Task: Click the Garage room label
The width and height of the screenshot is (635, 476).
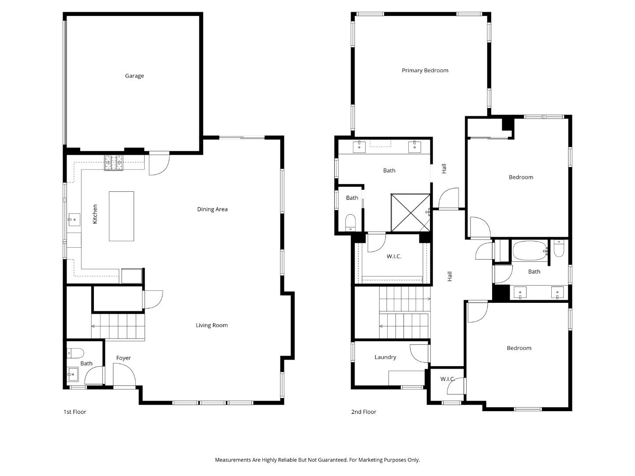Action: pyautogui.click(x=134, y=76)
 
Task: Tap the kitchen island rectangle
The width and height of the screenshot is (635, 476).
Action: pyautogui.click(x=121, y=216)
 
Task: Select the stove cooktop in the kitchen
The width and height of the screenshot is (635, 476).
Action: pyautogui.click(x=113, y=163)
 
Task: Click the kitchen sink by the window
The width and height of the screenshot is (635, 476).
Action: pyautogui.click(x=74, y=218)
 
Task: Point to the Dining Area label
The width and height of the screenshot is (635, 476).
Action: pyautogui.click(x=212, y=209)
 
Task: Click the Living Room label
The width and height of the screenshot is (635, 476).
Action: pyautogui.click(x=212, y=325)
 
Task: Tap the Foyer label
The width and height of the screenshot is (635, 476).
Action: pyautogui.click(x=123, y=358)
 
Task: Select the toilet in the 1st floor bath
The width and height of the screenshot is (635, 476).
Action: pyautogui.click(x=75, y=353)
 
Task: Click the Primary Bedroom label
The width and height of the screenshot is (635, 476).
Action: pyautogui.click(x=425, y=71)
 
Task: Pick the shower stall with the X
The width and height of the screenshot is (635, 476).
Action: pyautogui.click(x=410, y=212)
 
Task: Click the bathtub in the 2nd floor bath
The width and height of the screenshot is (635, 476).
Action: pyautogui.click(x=529, y=251)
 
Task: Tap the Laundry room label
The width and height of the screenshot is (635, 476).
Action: pyautogui.click(x=385, y=357)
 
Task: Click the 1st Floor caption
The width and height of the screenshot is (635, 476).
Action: pyautogui.click(x=75, y=412)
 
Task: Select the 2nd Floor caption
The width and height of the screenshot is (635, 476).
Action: pyautogui.click(x=363, y=412)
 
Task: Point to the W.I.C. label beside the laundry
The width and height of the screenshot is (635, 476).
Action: pyautogui.click(x=447, y=379)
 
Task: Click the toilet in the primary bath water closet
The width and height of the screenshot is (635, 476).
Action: pyautogui.click(x=350, y=221)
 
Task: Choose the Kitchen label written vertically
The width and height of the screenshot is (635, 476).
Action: pyautogui.click(x=95, y=214)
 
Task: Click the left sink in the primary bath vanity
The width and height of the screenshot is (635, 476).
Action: pyautogui.click(x=361, y=147)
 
